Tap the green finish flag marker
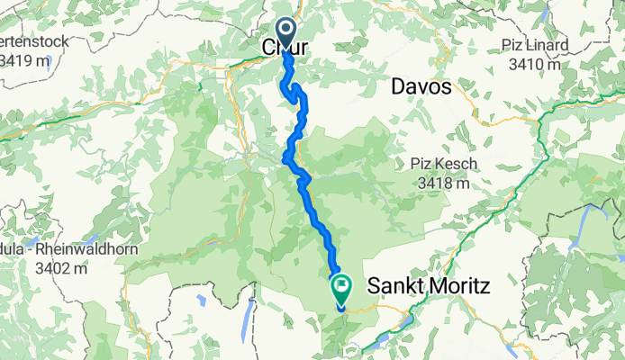[342, 289]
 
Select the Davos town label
[421, 87]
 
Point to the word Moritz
[460, 287]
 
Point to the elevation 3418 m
[444, 183]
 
